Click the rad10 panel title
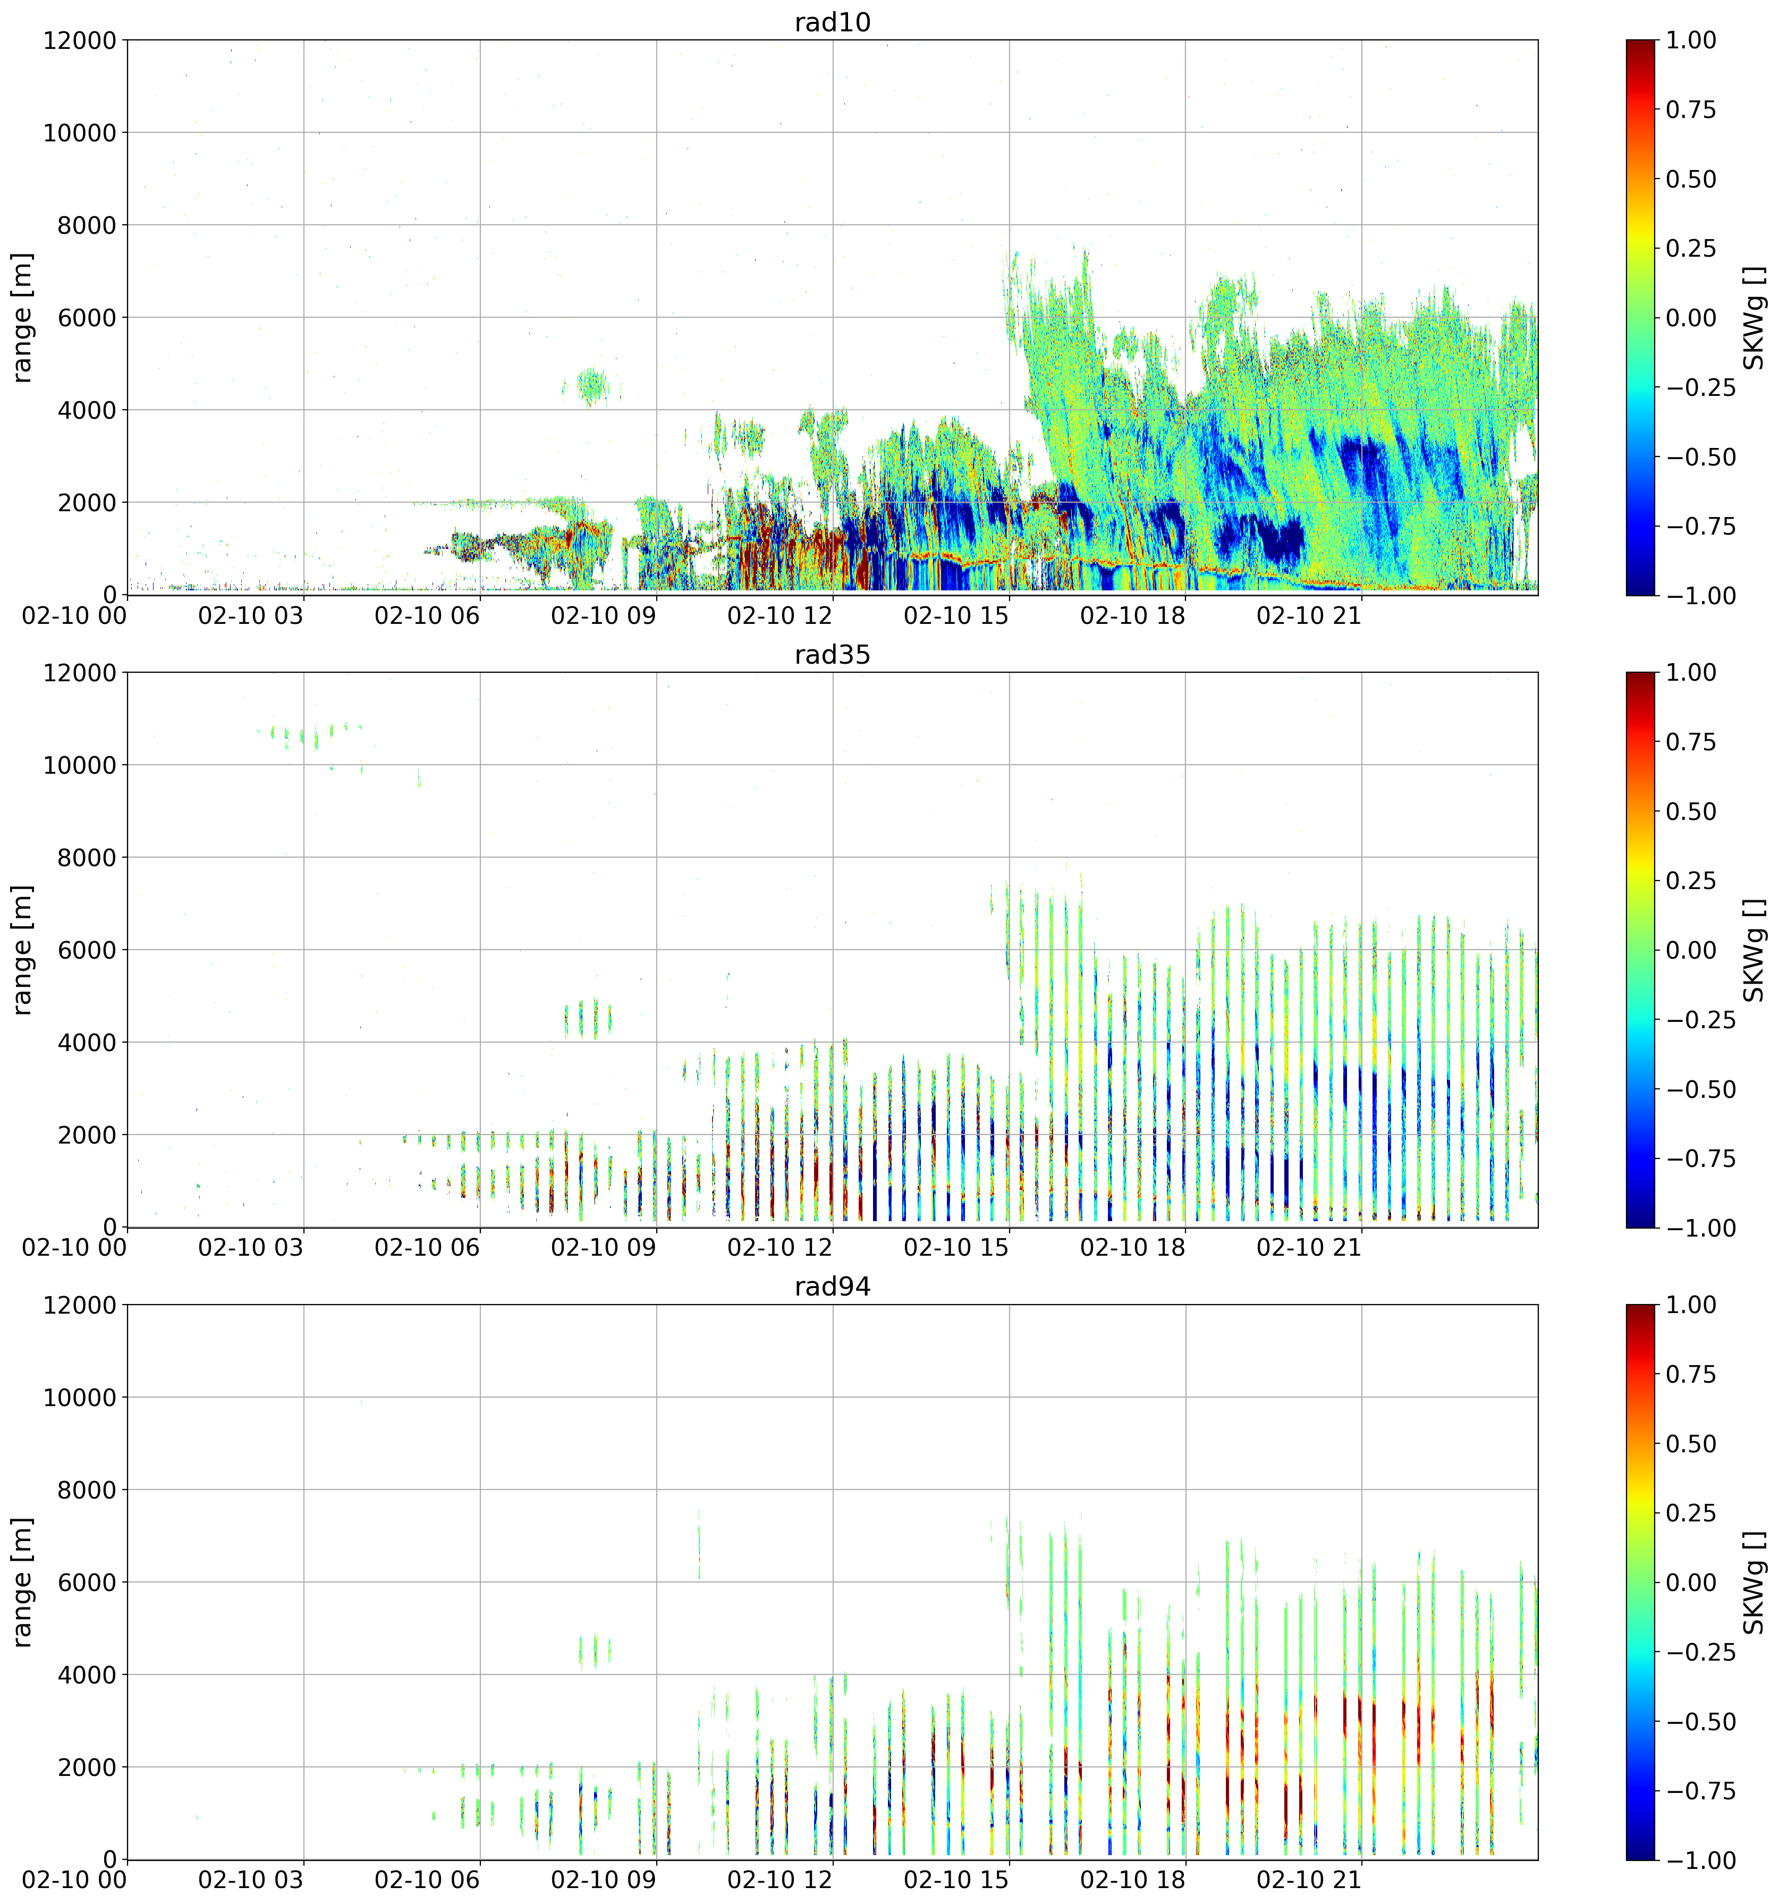click(x=832, y=22)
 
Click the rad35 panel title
click(x=832, y=654)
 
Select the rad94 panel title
click(x=832, y=1287)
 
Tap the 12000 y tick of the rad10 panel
click(x=80, y=40)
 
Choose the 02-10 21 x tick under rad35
click(x=1308, y=1248)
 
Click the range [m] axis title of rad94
click(x=22, y=1582)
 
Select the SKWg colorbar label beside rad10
click(x=1753, y=318)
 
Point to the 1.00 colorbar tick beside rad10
click(x=1691, y=40)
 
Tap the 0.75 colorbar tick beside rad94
click(x=1691, y=1374)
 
